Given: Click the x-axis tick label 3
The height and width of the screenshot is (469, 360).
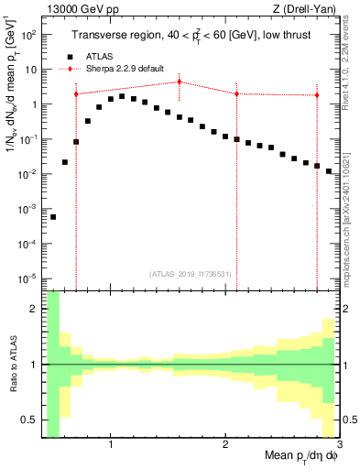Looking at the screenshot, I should coord(338,444).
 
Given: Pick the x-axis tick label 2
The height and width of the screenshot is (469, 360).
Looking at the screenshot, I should coord(224,444).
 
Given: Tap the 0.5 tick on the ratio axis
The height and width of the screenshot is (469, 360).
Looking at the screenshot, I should coord(31,420).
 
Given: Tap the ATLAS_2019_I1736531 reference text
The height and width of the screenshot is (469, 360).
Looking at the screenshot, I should coord(190,273).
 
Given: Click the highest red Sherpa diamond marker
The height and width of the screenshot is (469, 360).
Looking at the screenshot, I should coord(180,82).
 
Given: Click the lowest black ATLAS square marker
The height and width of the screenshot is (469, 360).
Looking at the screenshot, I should coord(53,217).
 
